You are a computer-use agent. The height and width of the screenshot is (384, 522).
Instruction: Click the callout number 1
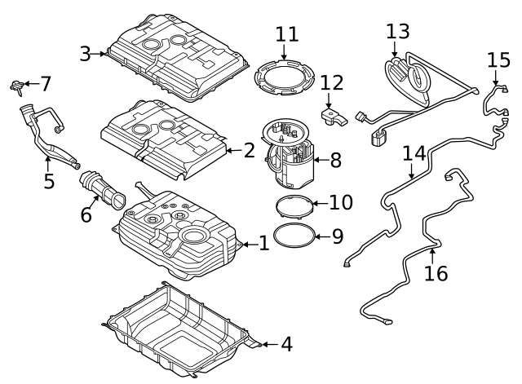click(263, 244)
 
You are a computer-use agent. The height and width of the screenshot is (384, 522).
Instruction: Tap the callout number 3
click(85, 55)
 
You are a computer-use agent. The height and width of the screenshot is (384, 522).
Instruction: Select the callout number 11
click(286, 35)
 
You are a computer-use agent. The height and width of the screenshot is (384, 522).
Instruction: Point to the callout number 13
click(398, 32)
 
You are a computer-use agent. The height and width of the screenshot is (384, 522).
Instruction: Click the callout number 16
click(436, 273)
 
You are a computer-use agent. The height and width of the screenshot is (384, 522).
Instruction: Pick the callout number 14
click(414, 152)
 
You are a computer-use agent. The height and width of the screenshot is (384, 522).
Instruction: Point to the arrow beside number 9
click(320, 236)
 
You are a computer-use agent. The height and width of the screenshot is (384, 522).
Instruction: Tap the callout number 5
click(49, 180)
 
